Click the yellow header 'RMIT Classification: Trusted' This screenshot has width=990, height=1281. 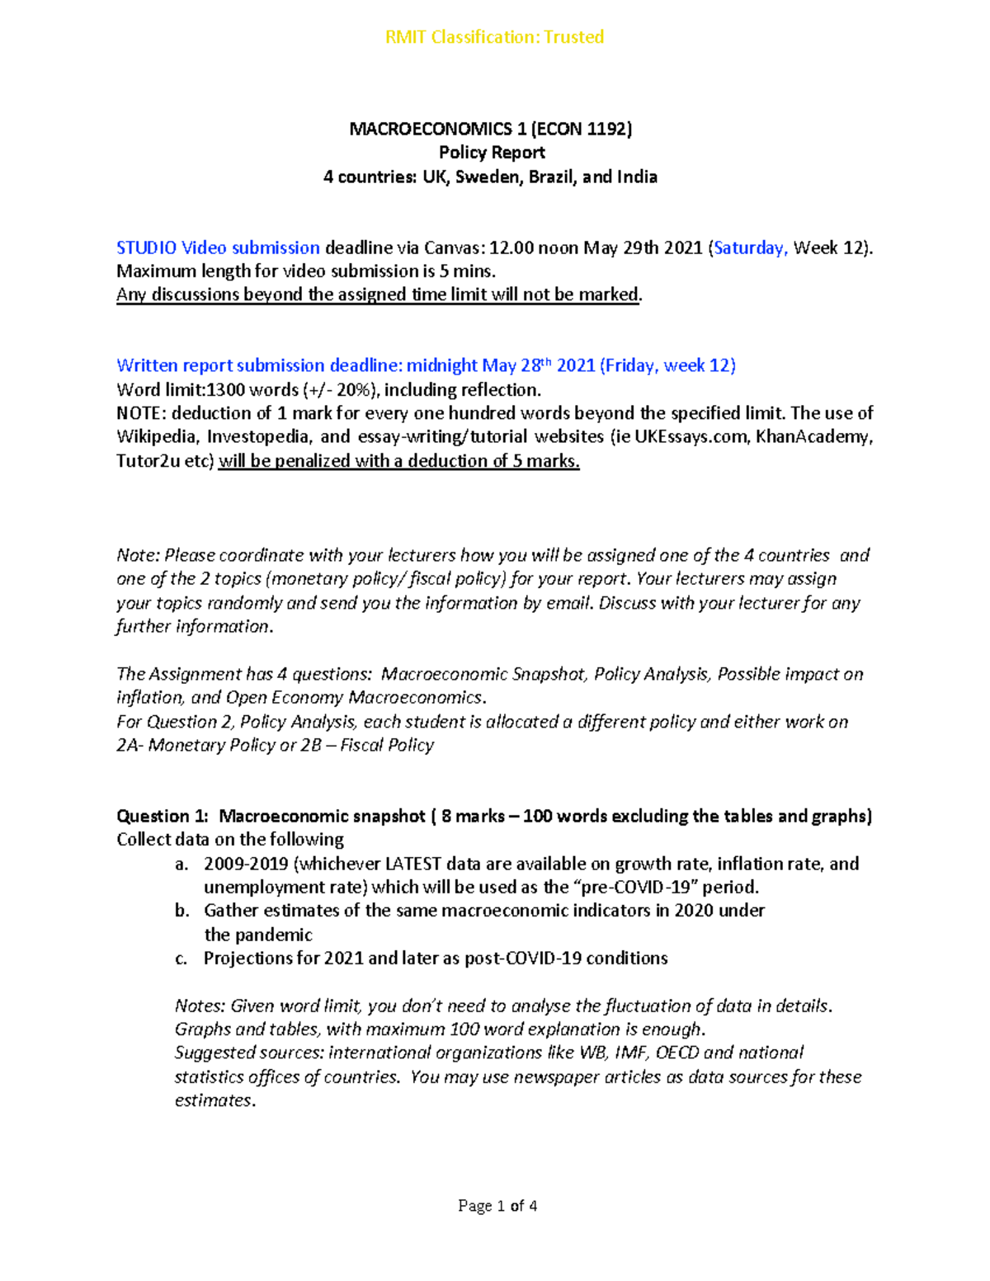tap(494, 37)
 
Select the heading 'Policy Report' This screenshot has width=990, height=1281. tap(492, 153)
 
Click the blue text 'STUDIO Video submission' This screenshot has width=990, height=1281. tap(218, 247)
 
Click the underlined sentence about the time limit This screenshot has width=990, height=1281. tap(379, 294)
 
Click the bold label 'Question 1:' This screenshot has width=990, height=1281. tap(163, 816)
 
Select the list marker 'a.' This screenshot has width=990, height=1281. tap(181, 864)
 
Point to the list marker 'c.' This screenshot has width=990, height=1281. tap(181, 958)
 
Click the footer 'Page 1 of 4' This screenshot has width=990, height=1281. tap(497, 1206)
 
